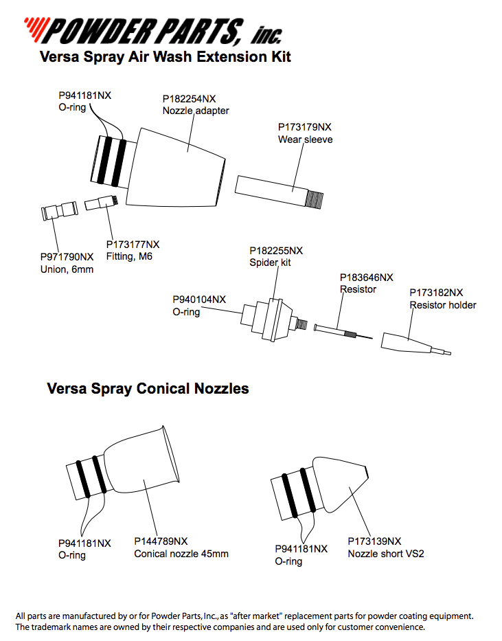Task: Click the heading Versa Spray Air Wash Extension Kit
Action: coord(165,57)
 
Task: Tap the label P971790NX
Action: coord(66,257)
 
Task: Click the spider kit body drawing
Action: coord(271,319)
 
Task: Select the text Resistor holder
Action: coord(443,305)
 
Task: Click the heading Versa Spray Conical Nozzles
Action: coord(148,389)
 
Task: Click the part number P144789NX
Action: coord(161,541)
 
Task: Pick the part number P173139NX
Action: coord(374,541)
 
